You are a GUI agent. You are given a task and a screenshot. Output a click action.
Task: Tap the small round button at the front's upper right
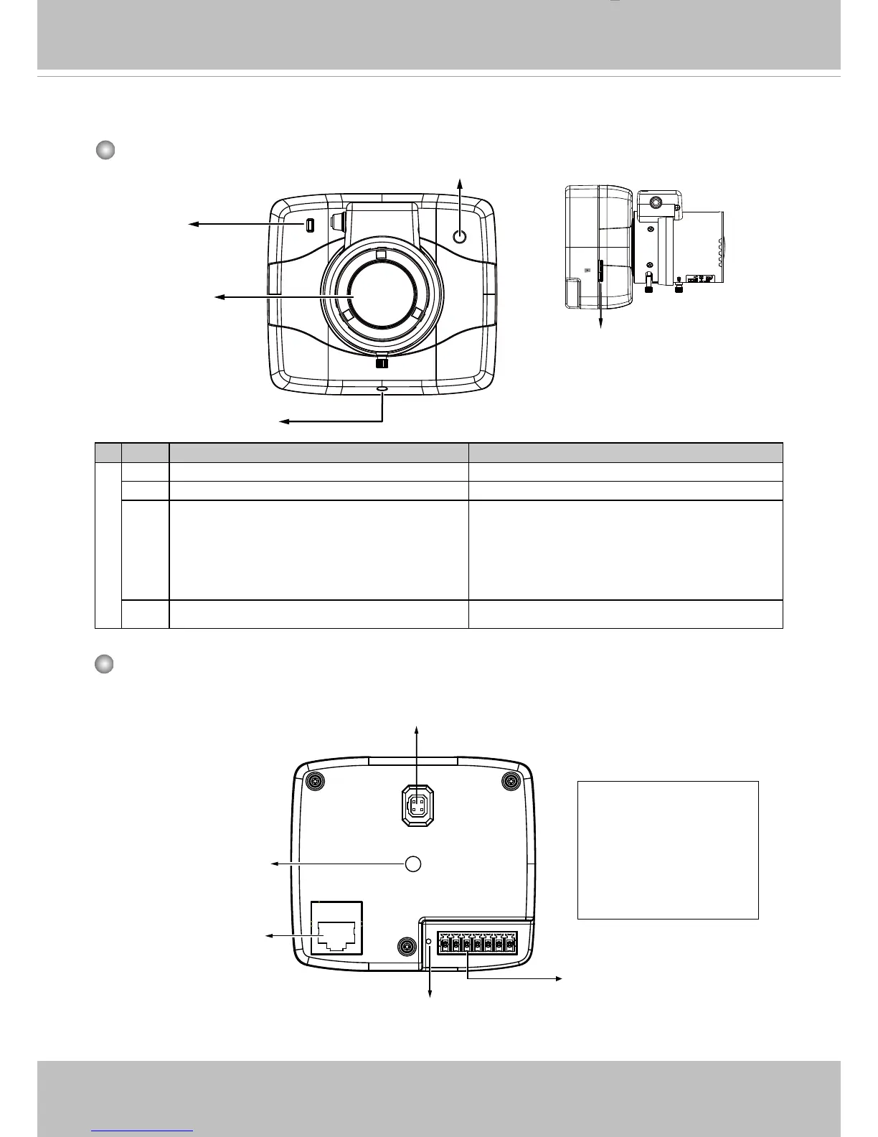(x=461, y=237)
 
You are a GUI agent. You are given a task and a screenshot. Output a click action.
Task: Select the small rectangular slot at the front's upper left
(x=309, y=225)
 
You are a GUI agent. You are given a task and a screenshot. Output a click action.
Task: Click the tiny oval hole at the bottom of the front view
(x=382, y=390)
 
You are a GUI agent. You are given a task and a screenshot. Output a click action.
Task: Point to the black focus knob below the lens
(x=382, y=363)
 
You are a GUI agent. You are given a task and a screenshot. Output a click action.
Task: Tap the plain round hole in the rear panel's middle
(x=413, y=864)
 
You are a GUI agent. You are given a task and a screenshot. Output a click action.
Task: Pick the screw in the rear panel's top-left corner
(x=313, y=781)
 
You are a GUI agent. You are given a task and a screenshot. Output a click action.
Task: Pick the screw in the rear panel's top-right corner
(x=511, y=781)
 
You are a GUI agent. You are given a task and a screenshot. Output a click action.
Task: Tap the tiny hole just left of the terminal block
(x=429, y=941)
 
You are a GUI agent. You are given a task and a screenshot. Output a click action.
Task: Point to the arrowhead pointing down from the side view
(x=601, y=324)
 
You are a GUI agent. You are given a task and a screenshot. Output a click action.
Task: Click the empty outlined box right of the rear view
(x=668, y=850)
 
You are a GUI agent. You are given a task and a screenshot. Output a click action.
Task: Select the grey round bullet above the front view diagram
(x=105, y=150)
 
